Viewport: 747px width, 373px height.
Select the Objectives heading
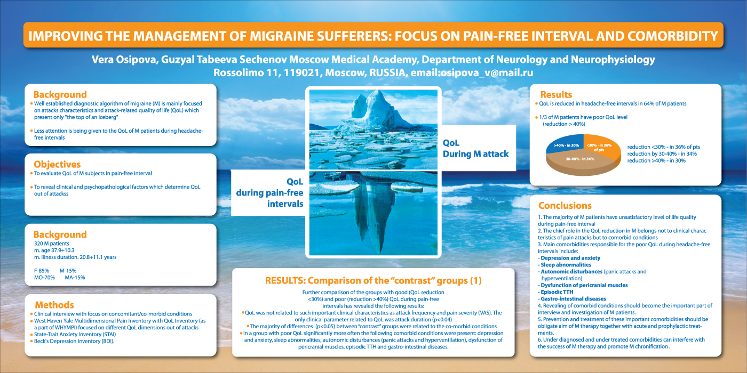(57, 164)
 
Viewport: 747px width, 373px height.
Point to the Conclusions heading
(565, 206)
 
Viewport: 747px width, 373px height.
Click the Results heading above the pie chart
(556, 95)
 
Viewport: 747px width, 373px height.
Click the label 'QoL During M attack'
(475, 148)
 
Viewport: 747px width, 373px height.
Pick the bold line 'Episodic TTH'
(557, 292)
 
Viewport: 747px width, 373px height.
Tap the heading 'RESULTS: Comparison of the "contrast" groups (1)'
(373, 280)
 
